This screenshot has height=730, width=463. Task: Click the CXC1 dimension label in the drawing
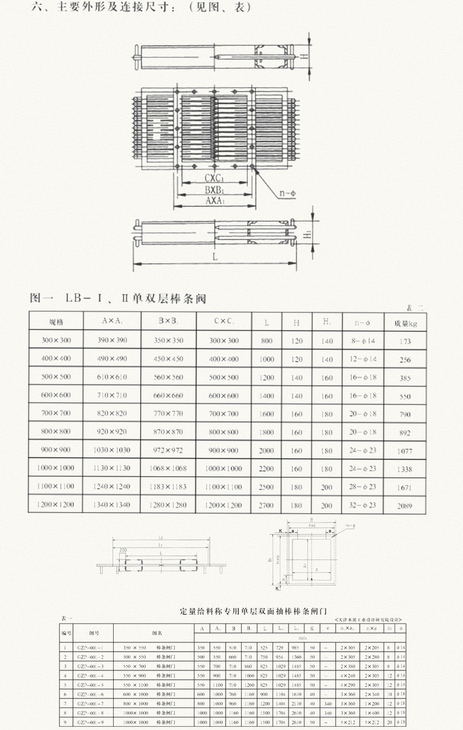point(214,178)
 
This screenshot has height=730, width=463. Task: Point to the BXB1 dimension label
point(214,189)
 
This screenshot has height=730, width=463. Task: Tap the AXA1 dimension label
point(214,201)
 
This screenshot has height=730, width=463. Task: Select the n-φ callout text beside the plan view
point(288,193)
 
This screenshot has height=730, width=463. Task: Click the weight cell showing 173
point(405,342)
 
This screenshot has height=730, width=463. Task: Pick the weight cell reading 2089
point(405,505)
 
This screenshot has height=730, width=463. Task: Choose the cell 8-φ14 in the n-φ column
point(363,342)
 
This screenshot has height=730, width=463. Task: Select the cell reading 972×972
point(168,450)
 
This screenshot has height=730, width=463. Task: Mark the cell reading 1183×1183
point(168,487)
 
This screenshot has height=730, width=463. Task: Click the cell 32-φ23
point(363,505)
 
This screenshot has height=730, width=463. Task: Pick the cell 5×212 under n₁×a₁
point(347,722)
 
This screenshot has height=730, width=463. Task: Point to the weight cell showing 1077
point(405,451)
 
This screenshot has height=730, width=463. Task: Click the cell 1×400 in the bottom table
point(371,712)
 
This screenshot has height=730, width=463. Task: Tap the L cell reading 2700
point(267,505)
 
